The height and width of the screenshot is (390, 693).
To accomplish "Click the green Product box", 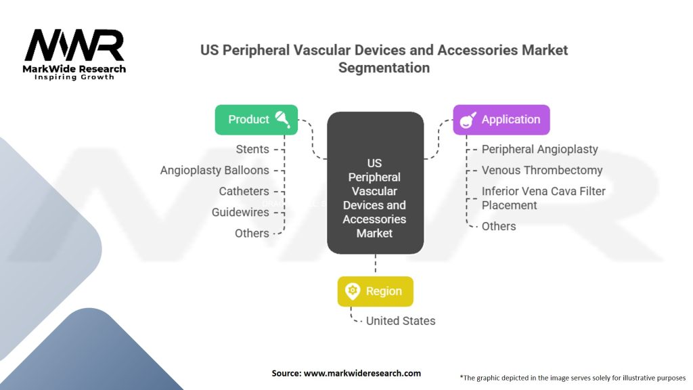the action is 256,120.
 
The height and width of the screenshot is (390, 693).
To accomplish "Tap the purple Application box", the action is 501,120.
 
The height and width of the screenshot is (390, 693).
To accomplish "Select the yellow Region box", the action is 375,291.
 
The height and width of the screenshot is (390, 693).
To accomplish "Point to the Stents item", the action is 252,149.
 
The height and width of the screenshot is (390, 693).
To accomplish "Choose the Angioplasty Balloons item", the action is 215,170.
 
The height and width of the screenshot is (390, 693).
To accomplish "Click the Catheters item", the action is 244,191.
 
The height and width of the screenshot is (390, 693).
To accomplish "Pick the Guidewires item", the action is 240,212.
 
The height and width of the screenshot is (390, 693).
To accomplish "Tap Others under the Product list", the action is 252,233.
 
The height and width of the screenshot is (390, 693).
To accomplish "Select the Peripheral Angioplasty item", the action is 539,149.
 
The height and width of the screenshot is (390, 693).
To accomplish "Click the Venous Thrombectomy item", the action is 541,170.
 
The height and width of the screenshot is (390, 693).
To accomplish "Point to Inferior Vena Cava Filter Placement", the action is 543,198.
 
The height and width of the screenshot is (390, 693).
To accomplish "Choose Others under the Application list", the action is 498,226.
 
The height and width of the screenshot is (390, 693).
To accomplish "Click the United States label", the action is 401,321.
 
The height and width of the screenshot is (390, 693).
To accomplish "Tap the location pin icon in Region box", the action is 352,291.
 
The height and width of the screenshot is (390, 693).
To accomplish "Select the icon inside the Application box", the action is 468,120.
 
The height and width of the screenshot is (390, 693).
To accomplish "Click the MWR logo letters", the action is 74,45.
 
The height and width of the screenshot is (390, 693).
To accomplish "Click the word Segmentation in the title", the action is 384,68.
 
